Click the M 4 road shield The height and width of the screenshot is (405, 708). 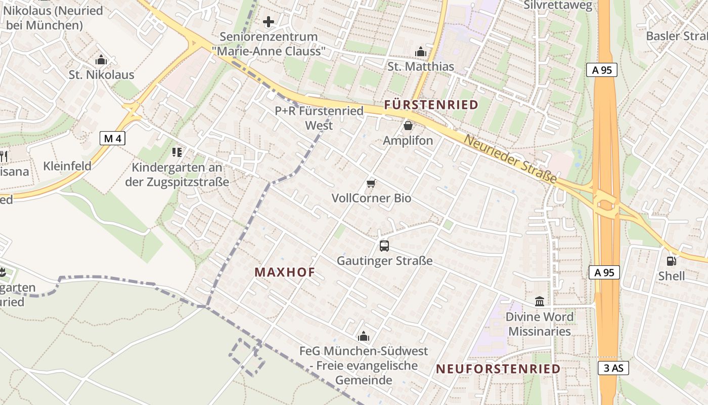point(112,138)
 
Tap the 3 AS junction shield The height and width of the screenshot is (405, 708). point(613,368)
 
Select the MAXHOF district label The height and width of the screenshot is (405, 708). point(285,272)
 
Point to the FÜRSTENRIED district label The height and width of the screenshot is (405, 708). point(431,105)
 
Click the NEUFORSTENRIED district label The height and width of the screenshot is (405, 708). point(498,369)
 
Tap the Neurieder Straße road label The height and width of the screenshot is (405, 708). point(510,160)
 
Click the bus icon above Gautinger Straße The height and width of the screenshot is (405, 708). point(384,247)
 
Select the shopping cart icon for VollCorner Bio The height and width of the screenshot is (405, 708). point(371,183)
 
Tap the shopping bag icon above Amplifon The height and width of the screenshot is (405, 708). point(408,126)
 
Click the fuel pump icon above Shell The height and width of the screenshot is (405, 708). point(671,261)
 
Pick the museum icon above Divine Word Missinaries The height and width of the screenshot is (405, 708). point(540,302)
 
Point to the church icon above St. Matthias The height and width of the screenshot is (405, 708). point(420,52)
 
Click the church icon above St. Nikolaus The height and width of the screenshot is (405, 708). point(101,60)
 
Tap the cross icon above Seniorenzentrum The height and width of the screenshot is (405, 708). point(269,22)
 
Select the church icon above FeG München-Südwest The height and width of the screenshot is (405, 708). point(363,336)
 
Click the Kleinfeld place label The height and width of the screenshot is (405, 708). point(67,166)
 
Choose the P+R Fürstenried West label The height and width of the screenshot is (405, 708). point(319,118)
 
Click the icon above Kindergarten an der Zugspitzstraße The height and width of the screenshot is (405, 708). point(176,152)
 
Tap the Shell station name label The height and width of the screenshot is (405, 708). point(671,276)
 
